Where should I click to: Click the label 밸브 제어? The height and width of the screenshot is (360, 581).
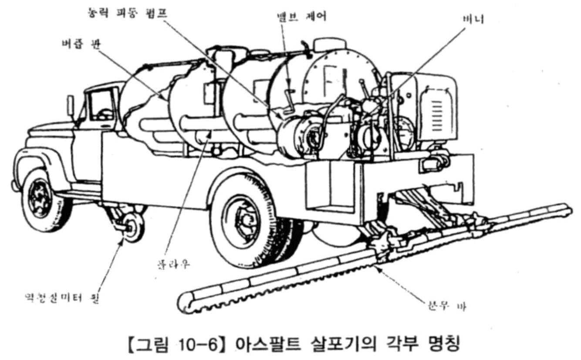pos(301,16)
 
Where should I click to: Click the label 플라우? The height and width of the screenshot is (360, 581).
pos(173,264)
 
